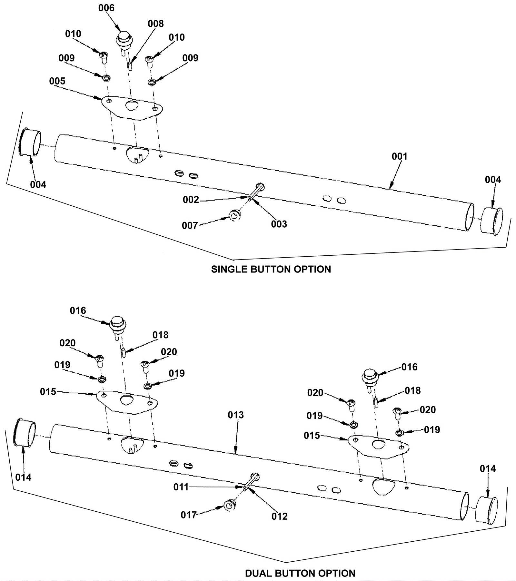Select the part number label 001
[400, 156]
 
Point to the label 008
[156, 24]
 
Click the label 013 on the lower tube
[236, 415]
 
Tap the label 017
[189, 515]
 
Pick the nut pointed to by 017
[230, 505]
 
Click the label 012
[279, 516]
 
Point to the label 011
[181, 487]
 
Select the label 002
[191, 200]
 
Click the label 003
[279, 224]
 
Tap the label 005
[57, 81]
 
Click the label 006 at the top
[106, 8]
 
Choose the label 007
[190, 225]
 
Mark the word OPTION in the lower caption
[337, 573]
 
